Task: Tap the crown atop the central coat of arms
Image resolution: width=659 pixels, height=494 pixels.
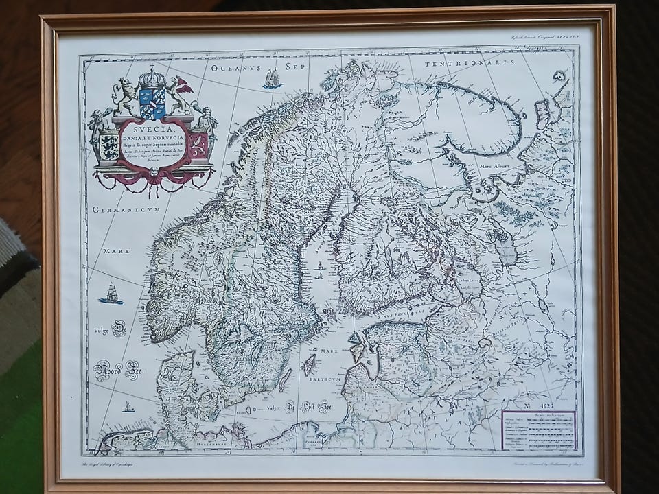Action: point(152,75)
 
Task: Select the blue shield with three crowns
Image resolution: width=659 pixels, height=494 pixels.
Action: point(152,103)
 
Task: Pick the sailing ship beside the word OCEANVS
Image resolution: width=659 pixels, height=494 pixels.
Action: point(272,79)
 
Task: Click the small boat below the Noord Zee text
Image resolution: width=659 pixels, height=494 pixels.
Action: point(128,407)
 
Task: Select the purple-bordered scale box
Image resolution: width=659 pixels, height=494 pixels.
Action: point(538,430)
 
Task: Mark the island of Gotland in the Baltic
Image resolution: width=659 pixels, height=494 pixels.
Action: point(308,364)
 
